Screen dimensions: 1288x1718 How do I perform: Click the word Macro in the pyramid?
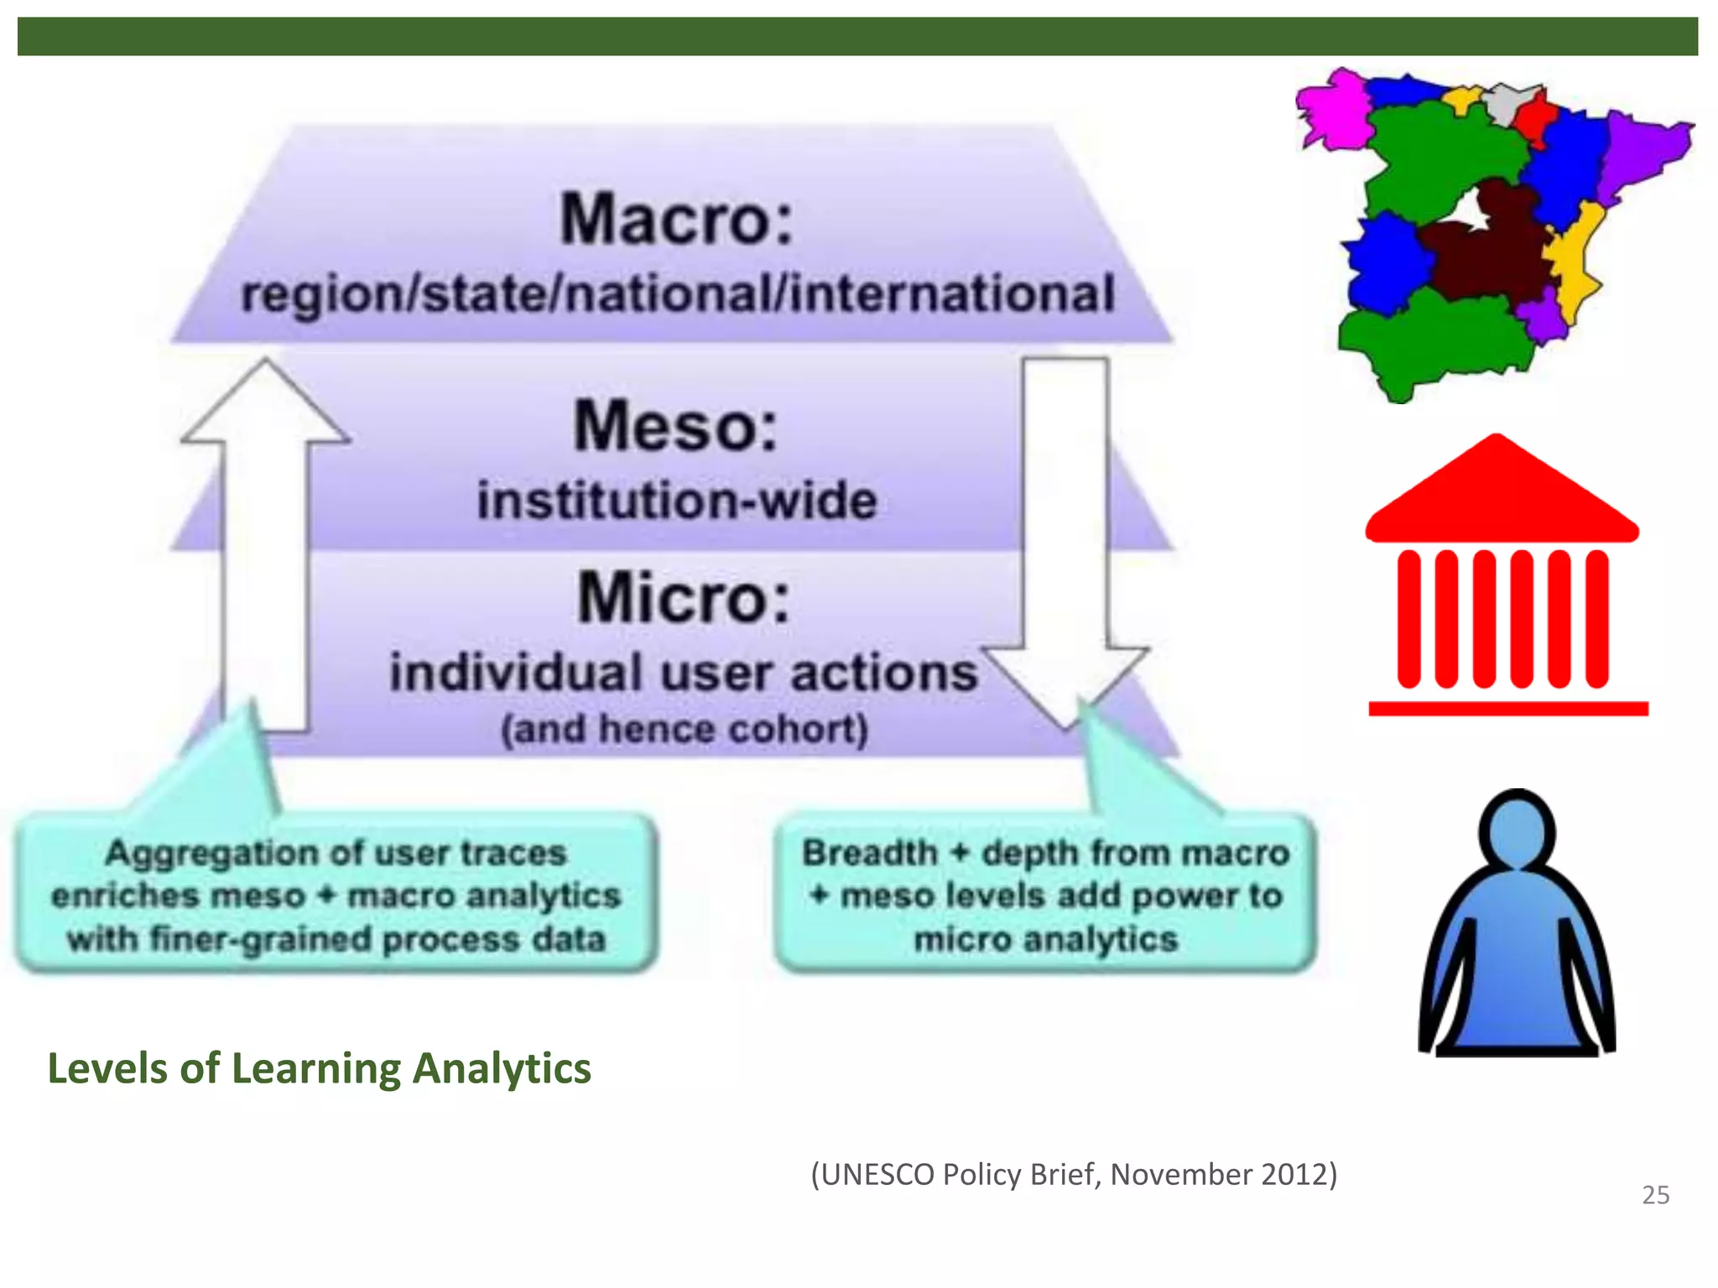point(675,219)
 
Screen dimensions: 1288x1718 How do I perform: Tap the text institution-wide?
point(677,501)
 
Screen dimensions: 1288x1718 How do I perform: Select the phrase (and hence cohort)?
point(685,729)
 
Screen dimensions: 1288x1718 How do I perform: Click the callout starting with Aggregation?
point(336,896)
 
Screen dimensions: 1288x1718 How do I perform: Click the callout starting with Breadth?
point(1045,896)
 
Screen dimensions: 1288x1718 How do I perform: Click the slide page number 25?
point(1655,1195)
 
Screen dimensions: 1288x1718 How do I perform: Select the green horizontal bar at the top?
point(857,37)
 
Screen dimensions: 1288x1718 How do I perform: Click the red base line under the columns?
point(1508,709)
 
